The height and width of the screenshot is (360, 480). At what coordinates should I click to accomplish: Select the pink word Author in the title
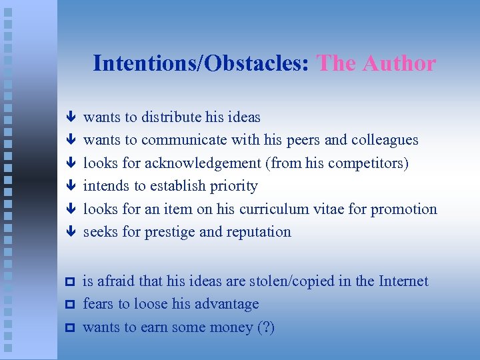pos(399,63)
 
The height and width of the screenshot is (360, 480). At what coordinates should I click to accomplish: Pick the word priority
pos(233,186)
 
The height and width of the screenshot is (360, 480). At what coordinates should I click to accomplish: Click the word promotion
pos(404,209)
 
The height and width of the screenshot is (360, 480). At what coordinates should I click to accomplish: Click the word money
pos(231,327)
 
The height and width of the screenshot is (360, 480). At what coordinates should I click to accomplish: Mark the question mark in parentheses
pos(268,327)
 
